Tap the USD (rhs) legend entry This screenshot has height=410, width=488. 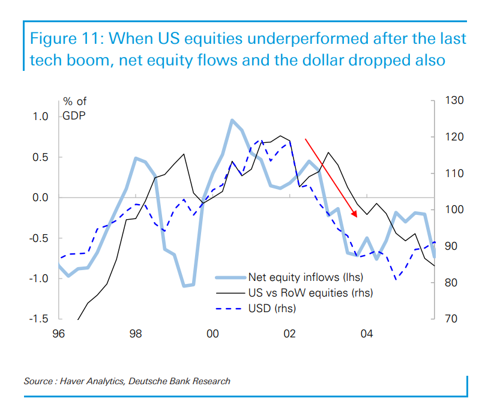272,309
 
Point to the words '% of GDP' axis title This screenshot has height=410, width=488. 74,109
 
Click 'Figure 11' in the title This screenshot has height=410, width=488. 64,40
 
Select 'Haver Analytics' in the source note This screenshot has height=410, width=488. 86,381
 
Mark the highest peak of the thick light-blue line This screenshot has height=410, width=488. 232,120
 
